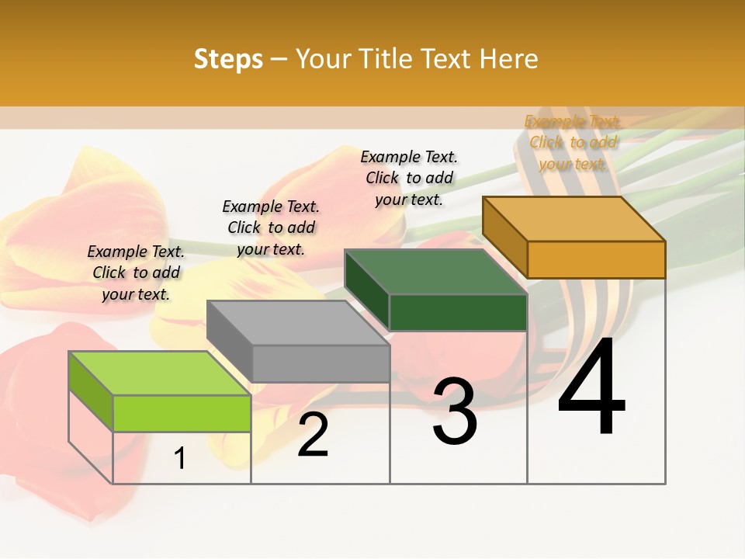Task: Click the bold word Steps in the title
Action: click(x=228, y=59)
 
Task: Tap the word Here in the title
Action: click(x=508, y=59)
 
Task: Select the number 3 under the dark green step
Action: click(x=455, y=411)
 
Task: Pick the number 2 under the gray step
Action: click(x=313, y=435)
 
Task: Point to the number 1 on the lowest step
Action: click(x=180, y=459)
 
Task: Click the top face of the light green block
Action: click(x=159, y=373)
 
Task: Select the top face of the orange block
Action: click(x=573, y=218)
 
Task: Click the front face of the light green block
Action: click(x=182, y=413)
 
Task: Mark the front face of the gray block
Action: click(x=321, y=363)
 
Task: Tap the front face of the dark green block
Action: click(x=458, y=312)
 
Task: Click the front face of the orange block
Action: click(x=596, y=259)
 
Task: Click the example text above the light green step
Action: click(x=136, y=273)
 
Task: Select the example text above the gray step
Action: click(x=271, y=227)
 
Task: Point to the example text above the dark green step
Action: click(x=409, y=178)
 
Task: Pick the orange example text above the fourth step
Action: click(x=573, y=142)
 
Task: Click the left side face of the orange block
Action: click(x=504, y=237)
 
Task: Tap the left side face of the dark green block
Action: click(x=367, y=289)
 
